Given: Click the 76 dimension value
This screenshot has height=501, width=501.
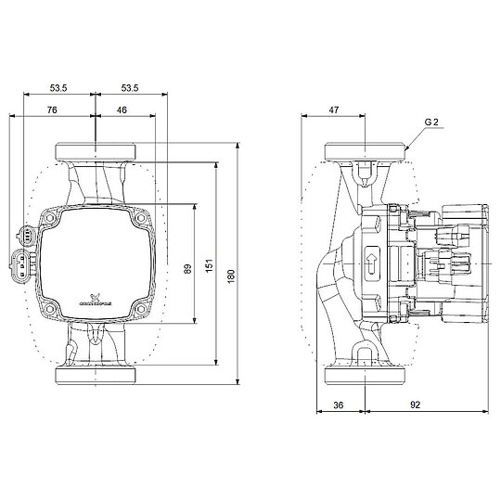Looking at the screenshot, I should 53,109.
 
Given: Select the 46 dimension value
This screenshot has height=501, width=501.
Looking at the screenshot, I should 123,109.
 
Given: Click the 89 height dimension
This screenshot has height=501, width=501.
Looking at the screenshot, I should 188,268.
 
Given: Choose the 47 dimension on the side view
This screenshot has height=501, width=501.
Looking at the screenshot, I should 334,109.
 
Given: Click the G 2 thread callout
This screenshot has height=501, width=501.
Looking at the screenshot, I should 431,122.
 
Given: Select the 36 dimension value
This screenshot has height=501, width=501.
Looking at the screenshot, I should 340,405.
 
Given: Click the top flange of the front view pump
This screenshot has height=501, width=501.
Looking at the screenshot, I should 96,151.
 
